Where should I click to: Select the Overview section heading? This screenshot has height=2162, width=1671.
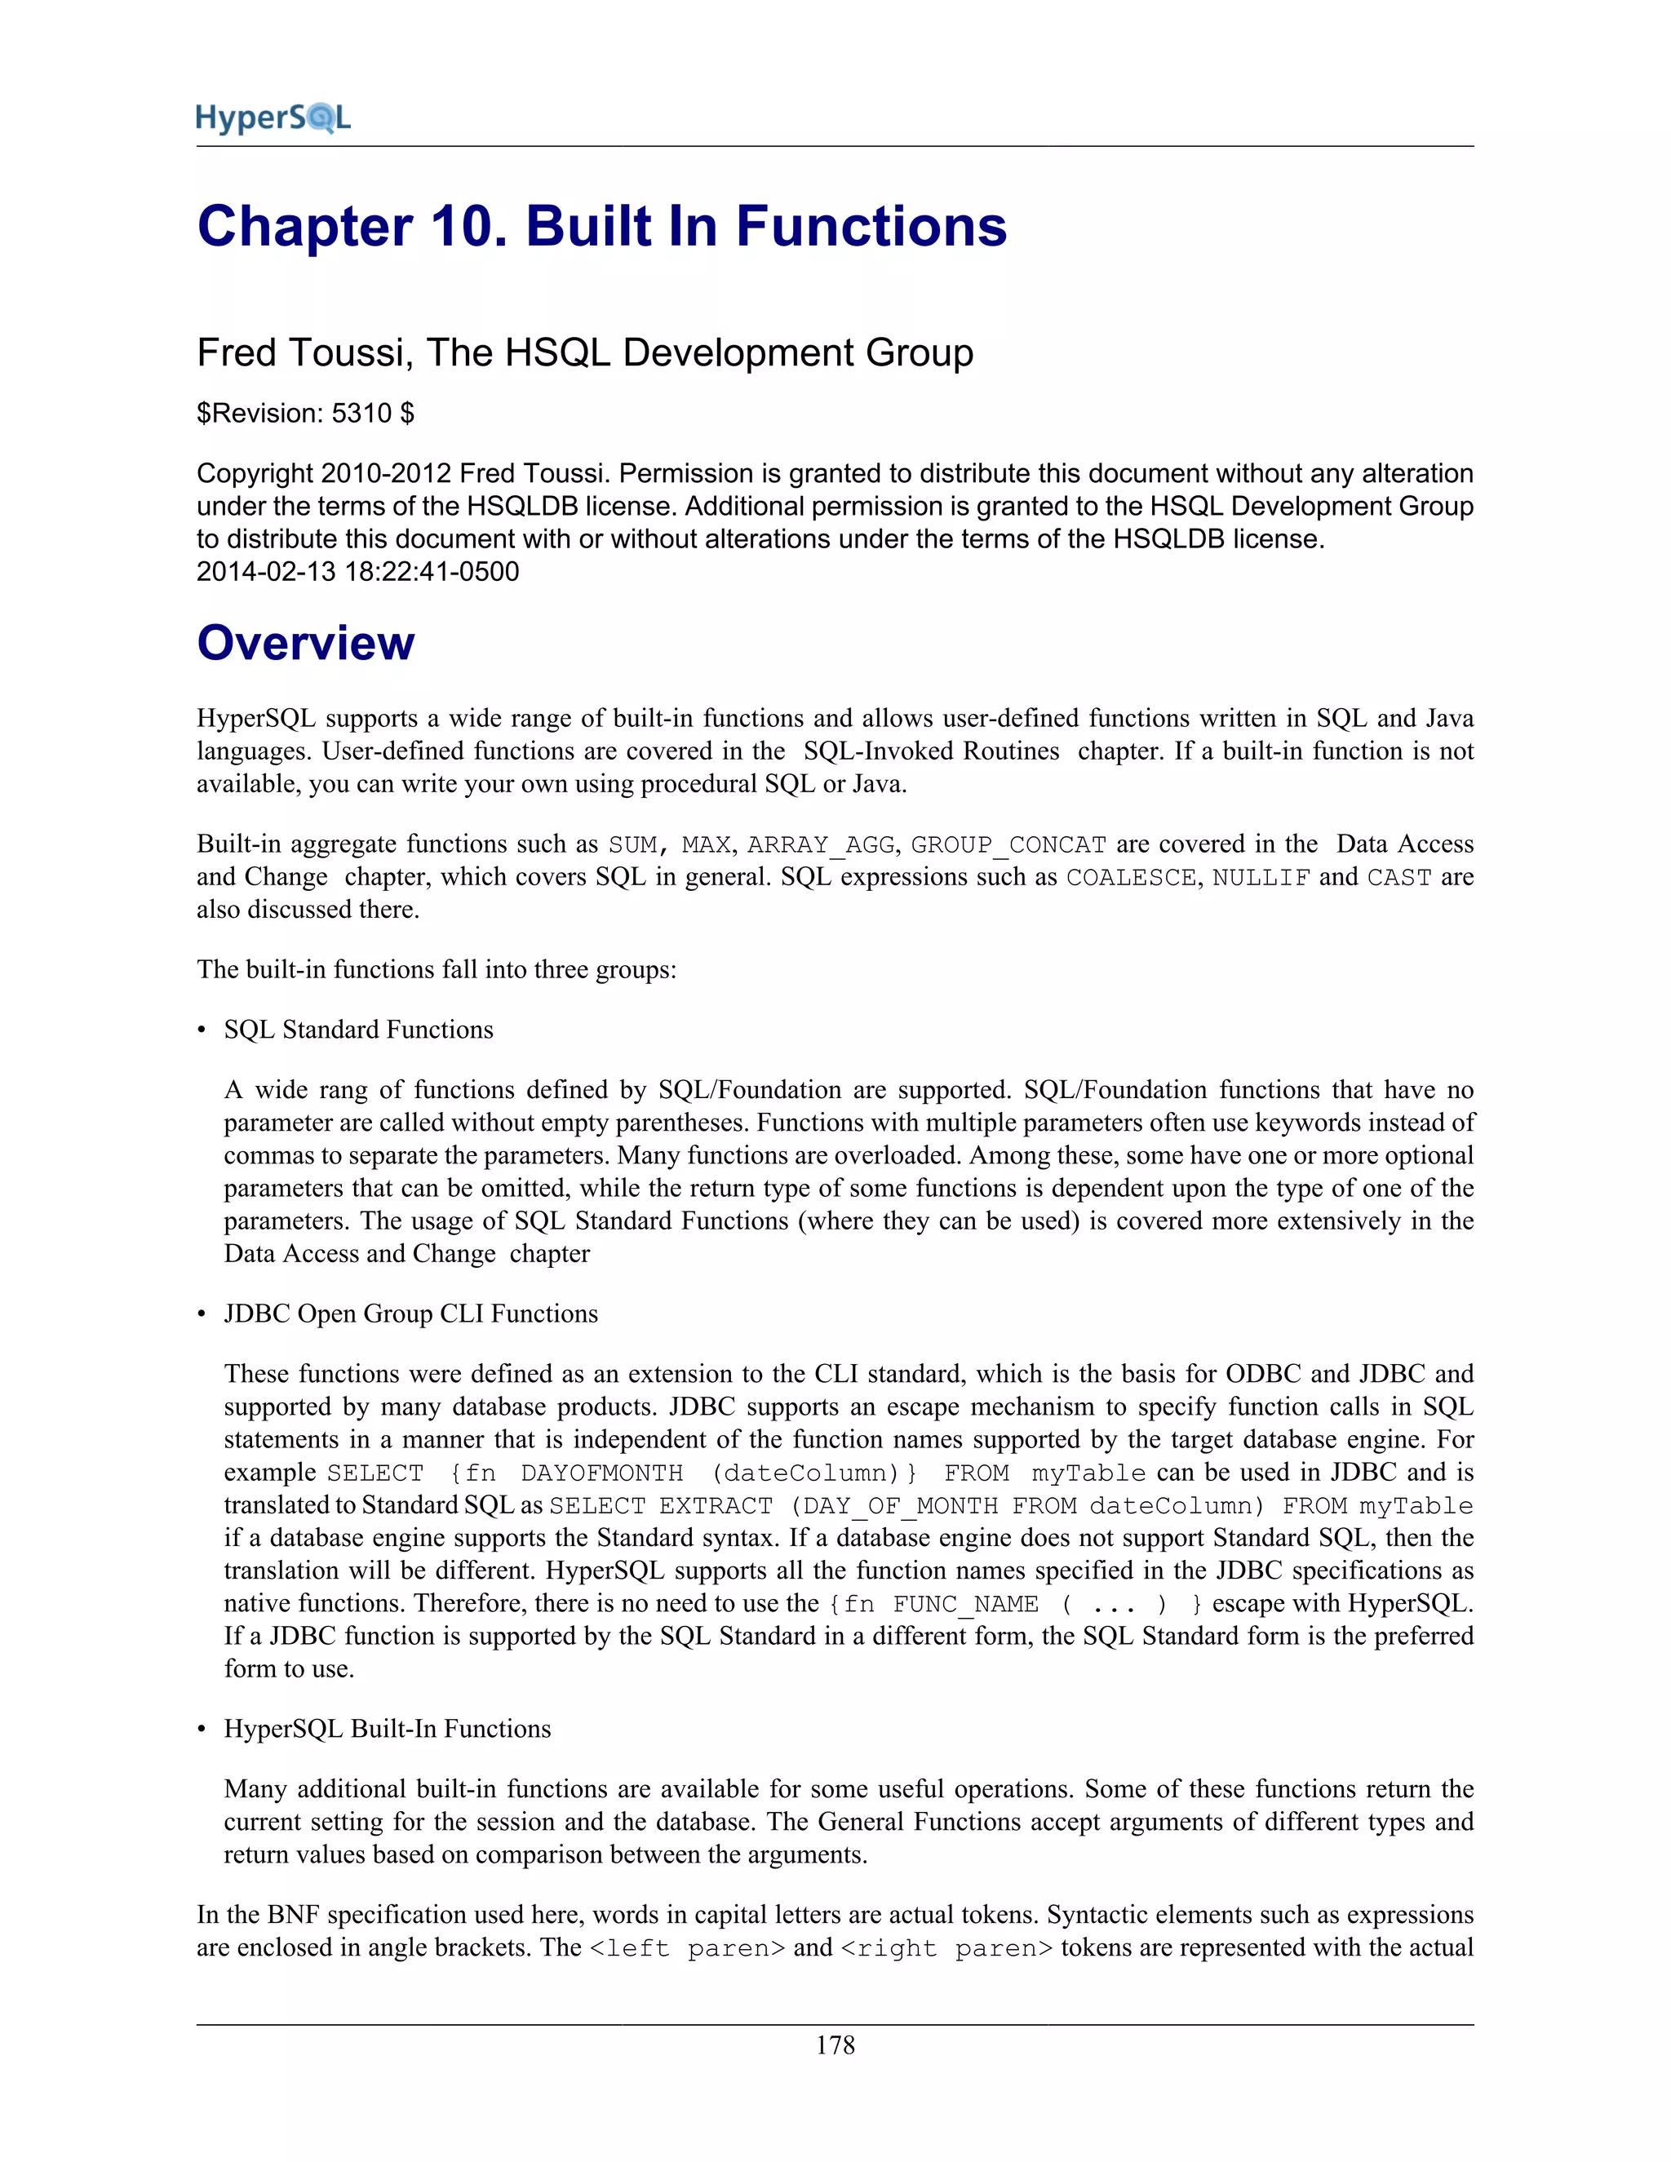click(x=305, y=644)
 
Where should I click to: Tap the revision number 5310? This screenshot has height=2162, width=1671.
click(x=361, y=414)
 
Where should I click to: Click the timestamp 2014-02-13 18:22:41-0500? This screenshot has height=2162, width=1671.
click(x=357, y=572)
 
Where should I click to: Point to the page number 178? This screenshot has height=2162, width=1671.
click(x=835, y=2045)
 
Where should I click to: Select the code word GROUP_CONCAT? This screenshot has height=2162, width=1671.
click(x=1008, y=845)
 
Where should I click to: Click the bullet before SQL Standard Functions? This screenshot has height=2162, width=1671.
click(x=202, y=1030)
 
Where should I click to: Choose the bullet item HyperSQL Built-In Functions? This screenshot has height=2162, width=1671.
click(x=386, y=1729)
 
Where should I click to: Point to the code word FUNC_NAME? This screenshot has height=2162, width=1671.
click(x=964, y=1605)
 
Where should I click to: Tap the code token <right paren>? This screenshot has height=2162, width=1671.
click(x=946, y=1948)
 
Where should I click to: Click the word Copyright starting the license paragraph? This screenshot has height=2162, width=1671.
click(x=255, y=474)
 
